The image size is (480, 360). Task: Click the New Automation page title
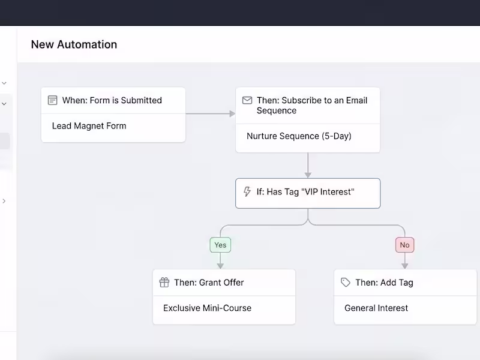coord(74,44)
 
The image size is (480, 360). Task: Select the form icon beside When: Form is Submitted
coord(52,100)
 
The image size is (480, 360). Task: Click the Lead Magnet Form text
coord(89,126)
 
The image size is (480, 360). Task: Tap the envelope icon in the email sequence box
coord(247,100)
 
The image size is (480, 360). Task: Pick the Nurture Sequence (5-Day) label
coord(299,136)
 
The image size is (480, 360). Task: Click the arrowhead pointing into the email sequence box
coord(232,113)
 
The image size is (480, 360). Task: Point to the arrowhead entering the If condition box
coord(308,175)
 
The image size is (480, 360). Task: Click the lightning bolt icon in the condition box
coord(247,191)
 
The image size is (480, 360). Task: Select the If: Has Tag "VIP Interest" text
coord(305,191)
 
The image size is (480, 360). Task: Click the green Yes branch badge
coord(220,245)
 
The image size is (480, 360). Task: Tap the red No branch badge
coord(404,245)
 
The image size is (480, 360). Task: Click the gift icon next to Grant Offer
coord(164,282)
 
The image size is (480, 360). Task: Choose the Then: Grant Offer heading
coord(209,282)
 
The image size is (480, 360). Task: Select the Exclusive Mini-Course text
coord(207,308)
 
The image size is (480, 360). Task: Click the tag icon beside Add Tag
coord(346,282)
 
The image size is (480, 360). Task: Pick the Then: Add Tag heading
coord(384,282)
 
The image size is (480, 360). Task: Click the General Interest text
coord(376,308)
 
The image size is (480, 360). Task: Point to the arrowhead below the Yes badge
coord(220,266)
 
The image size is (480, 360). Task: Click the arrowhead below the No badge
coord(404,266)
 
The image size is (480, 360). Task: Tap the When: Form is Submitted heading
coord(112,100)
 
